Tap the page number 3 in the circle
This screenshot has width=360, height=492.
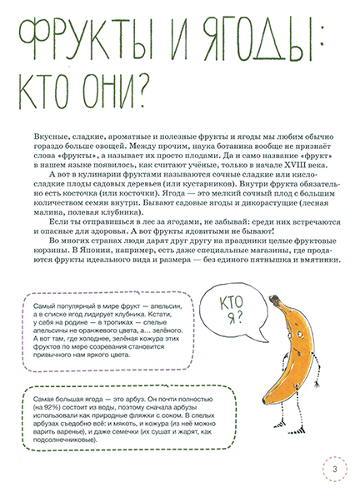point(332,470)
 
